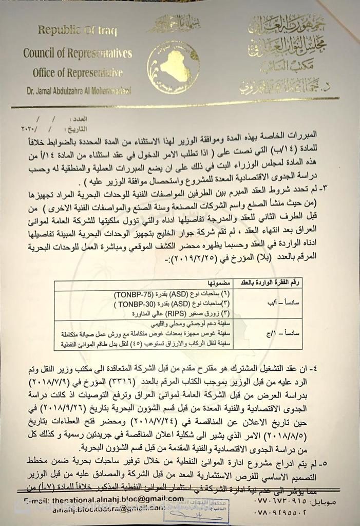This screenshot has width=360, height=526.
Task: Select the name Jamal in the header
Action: coord(49,90)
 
